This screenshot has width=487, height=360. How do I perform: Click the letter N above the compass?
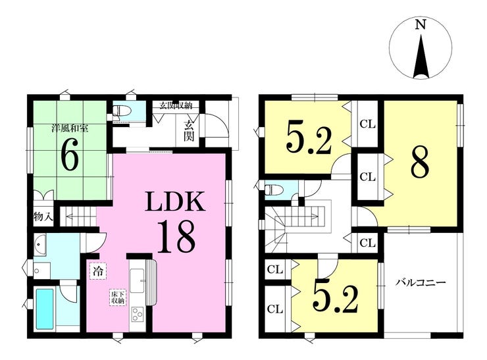click(x=421, y=24)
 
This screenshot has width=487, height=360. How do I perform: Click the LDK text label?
click(x=176, y=201)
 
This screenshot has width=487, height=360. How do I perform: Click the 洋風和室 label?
click(x=70, y=128)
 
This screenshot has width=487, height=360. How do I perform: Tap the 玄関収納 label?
click(x=176, y=105)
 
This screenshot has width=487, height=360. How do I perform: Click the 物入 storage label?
click(x=43, y=217)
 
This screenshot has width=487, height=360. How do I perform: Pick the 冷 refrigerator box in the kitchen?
click(x=98, y=271)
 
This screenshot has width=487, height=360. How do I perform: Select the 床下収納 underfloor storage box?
click(x=118, y=297)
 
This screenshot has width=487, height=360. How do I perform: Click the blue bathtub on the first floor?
click(x=44, y=309)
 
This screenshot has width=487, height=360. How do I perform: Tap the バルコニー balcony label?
click(x=421, y=282)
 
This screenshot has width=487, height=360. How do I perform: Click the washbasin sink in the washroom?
click(x=39, y=245)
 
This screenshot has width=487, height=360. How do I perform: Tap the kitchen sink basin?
click(x=137, y=280)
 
